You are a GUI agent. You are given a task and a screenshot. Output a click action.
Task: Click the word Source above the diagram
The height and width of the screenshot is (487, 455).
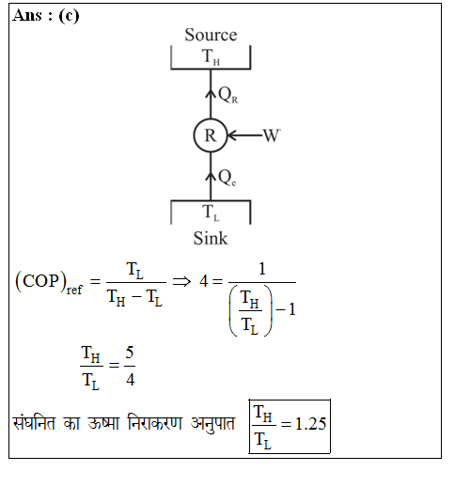pyautogui.click(x=211, y=35)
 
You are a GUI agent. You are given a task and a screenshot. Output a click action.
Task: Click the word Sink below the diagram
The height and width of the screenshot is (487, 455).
pyautogui.click(x=211, y=238)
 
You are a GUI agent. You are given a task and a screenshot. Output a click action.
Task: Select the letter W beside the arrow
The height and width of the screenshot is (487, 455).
pyautogui.click(x=272, y=135)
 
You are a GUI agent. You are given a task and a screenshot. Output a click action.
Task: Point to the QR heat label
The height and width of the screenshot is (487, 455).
pyautogui.click(x=227, y=95)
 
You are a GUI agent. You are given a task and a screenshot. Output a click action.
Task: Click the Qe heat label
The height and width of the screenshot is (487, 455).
pyautogui.click(x=227, y=178)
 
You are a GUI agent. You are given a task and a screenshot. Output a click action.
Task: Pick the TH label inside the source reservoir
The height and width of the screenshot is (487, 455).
pyautogui.click(x=211, y=56)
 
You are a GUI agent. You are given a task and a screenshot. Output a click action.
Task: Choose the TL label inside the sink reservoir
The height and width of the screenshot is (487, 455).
pyautogui.click(x=211, y=212)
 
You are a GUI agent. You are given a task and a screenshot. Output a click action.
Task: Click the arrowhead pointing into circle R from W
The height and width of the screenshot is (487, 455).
pyautogui.click(x=230, y=135)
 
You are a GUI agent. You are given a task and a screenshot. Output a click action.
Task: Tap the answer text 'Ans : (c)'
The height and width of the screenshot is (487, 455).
pyautogui.click(x=46, y=16)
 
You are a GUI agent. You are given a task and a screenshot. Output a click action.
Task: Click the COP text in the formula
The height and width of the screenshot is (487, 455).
pyautogui.click(x=40, y=281)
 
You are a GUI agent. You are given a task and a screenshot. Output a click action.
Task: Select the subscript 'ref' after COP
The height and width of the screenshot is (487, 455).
pyautogui.click(x=74, y=289)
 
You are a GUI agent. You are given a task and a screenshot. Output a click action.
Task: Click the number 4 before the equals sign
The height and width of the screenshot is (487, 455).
pyautogui.click(x=204, y=281)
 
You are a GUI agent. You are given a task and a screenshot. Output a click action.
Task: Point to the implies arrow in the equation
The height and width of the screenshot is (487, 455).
pyautogui.click(x=181, y=281)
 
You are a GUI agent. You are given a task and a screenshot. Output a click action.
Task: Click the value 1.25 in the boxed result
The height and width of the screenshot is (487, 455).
pyautogui.click(x=310, y=424)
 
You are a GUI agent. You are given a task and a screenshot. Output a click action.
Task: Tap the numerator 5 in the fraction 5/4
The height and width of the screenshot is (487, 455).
pyautogui.click(x=130, y=353)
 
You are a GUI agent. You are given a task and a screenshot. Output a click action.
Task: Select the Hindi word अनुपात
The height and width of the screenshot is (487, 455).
pyautogui.click(x=212, y=423)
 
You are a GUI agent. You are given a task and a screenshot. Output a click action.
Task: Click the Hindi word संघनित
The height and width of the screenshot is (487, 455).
pyautogui.click(x=34, y=422)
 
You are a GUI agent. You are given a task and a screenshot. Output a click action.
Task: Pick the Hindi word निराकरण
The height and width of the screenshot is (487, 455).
pyautogui.click(x=155, y=422)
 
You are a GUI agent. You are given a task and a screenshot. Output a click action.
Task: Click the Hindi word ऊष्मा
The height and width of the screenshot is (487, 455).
pyautogui.click(x=103, y=423)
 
